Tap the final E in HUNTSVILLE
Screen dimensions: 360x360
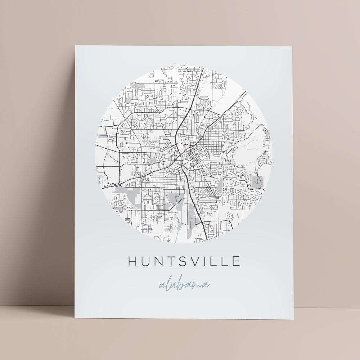pos(236,261)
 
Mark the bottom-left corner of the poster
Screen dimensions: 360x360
pos(75,319)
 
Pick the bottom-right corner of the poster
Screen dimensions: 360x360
pos(293,319)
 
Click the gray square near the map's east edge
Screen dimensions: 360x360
pos(258,181)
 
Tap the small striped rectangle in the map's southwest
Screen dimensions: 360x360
pos(127,220)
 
